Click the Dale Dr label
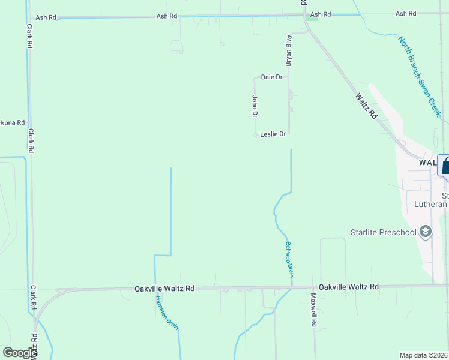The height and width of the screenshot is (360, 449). click(271, 77)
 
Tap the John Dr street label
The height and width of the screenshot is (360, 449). click(255, 106)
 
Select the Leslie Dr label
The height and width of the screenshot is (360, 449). click(273, 134)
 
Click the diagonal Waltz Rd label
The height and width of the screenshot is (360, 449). click(366, 104)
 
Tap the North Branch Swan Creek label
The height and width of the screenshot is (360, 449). click(420, 76)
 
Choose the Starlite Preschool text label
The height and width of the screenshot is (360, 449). click(383, 232)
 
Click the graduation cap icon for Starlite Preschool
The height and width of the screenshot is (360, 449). click(426, 232)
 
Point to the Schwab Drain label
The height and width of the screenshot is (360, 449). click(289, 260)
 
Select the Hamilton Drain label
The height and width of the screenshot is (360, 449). click(167, 313)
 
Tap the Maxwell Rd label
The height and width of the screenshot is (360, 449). click(313, 310)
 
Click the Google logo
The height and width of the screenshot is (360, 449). click(20, 353)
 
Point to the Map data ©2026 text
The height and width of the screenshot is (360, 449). click(423, 355)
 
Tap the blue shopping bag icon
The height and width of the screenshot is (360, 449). click(445, 165)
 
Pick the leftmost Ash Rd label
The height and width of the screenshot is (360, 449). click(46, 18)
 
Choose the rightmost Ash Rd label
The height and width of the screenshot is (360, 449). click(406, 14)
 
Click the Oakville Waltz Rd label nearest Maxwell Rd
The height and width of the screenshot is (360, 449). click(349, 287)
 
